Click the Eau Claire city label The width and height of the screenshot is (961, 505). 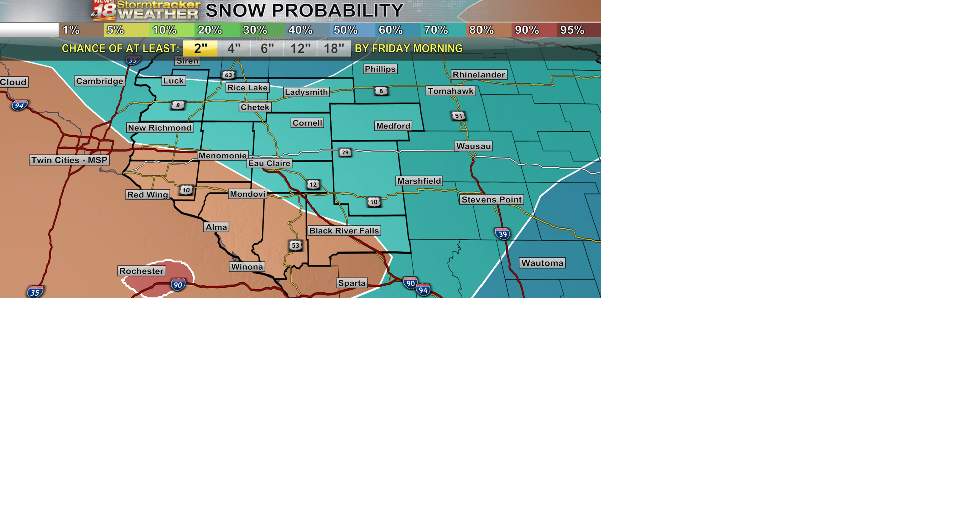[x=269, y=163]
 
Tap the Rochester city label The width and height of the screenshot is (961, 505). [x=141, y=271]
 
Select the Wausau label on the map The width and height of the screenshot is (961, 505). [x=473, y=146]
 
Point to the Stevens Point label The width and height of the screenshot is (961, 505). [x=492, y=200]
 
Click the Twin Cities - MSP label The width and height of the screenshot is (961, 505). [x=69, y=160]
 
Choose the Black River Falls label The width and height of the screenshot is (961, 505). [x=344, y=231]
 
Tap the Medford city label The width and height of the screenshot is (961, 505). [x=393, y=126]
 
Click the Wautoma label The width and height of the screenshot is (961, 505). [x=542, y=263]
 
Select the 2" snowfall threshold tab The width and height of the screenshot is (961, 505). [x=200, y=49]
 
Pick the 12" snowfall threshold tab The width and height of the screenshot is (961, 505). [x=300, y=49]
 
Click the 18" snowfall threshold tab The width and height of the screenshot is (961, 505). [x=334, y=49]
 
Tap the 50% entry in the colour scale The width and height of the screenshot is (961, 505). [x=346, y=30]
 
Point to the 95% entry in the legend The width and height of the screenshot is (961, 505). [x=572, y=30]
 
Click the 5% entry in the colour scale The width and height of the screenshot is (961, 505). [x=115, y=30]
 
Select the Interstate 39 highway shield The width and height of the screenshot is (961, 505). [x=502, y=234]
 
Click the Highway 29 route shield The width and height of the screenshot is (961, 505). [x=345, y=152]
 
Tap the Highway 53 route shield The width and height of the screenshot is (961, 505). [x=295, y=245]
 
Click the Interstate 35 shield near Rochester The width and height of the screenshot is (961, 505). [x=35, y=292]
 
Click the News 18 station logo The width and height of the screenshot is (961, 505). [x=104, y=10]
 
